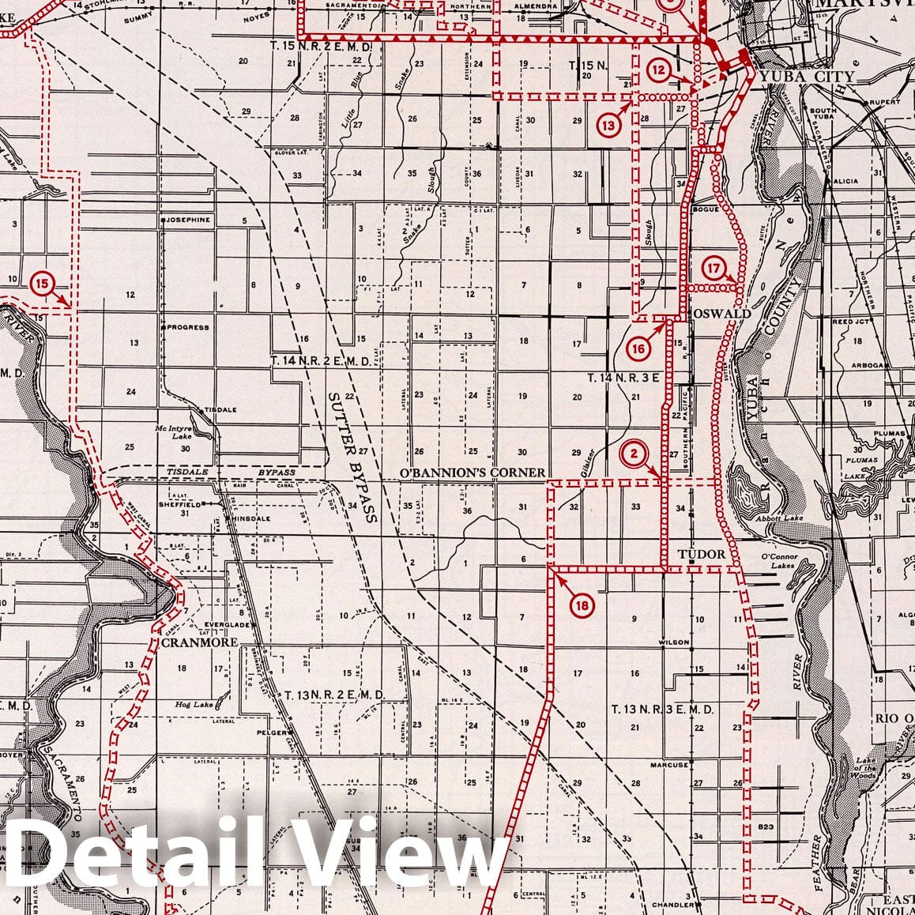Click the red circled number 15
click(x=42, y=282)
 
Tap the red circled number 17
click(x=714, y=269)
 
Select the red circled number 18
click(x=582, y=605)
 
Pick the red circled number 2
click(x=634, y=454)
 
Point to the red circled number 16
click(x=639, y=348)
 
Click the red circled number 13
click(x=607, y=124)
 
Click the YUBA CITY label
click(x=805, y=77)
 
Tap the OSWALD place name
click(x=721, y=314)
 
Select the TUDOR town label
click(x=701, y=554)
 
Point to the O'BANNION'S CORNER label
click(x=473, y=473)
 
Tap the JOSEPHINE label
click(x=187, y=220)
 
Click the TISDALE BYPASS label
click(x=231, y=473)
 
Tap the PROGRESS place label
click(x=187, y=327)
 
